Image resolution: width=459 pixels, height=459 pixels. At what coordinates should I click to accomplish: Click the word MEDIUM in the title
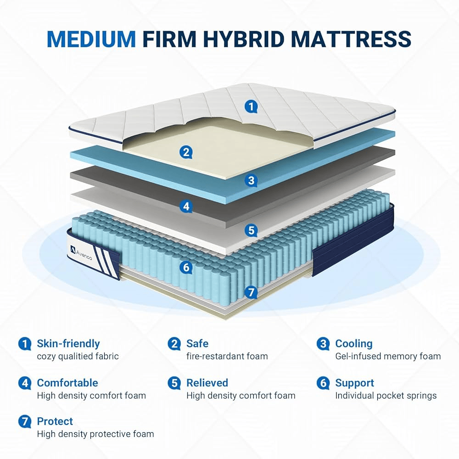pyautogui.click(x=91, y=39)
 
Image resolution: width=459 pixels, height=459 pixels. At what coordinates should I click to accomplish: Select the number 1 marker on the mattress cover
pyautogui.click(x=251, y=107)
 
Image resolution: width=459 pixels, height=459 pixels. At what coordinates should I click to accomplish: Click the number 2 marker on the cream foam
pyautogui.click(x=186, y=152)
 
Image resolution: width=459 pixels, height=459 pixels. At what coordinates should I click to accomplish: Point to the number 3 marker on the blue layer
pyautogui.click(x=251, y=180)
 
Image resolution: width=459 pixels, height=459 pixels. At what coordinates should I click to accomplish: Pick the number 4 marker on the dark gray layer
pyautogui.click(x=186, y=207)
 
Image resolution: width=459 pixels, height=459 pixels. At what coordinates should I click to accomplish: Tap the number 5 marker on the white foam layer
pyautogui.click(x=251, y=231)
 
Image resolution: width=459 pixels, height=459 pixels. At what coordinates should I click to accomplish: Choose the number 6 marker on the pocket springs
pyautogui.click(x=186, y=267)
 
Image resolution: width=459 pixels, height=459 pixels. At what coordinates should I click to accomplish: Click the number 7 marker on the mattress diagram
pyautogui.click(x=251, y=292)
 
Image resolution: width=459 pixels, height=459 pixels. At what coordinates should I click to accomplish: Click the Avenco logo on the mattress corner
pyautogui.click(x=81, y=253)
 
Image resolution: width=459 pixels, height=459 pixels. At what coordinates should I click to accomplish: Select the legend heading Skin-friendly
pyautogui.click(x=68, y=344)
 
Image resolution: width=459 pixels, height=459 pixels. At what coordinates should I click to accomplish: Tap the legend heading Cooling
pyautogui.click(x=353, y=343)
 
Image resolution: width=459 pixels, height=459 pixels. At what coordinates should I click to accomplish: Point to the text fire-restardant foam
pyautogui.click(x=227, y=356)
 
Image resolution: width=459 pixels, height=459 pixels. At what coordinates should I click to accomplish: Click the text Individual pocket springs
pyautogui.click(x=386, y=396)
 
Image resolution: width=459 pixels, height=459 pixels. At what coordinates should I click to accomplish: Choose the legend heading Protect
pyautogui.click(x=55, y=421)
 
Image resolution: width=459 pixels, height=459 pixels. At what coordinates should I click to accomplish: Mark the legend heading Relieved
pyautogui.click(x=207, y=383)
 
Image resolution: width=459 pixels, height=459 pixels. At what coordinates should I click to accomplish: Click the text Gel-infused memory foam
pyautogui.click(x=388, y=356)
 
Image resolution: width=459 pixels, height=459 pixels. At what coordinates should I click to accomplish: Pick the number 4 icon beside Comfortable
pyautogui.click(x=25, y=383)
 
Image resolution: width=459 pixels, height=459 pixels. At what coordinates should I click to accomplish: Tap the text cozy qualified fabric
pyautogui.click(x=78, y=356)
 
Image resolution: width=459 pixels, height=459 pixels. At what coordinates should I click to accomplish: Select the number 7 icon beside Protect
pyautogui.click(x=25, y=422)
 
